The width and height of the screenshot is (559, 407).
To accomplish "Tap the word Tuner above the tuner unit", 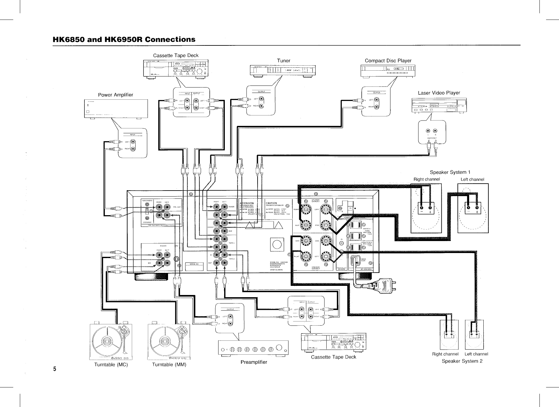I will pyautogui.click(x=283, y=61).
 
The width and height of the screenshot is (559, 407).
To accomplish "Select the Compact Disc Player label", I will pyautogui.click(x=388, y=61).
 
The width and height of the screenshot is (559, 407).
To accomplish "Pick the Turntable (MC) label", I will pyautogui.click(x=111, y=365).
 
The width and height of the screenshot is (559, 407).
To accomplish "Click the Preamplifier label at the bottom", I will pyautogui.click(x=253, y=362).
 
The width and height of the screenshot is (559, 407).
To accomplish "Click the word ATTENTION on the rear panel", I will pyautogui.click(x=247, y=203).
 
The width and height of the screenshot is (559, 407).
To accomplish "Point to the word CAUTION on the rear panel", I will pyautogui.click(x=271, y=203).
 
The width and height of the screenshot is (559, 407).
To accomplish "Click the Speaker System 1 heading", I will pyautogui.click(x=450, y=172).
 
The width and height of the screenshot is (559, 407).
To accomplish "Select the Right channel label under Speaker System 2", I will pyautogui.click(x=445, y=354).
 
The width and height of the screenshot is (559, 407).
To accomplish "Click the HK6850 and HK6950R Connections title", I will pyautogui.click(x=124, y=39).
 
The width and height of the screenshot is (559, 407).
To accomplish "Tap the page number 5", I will pyautogui.click(x=55, y=369).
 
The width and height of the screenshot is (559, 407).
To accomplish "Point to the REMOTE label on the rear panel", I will pyautogui.click(x=342, y=269).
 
